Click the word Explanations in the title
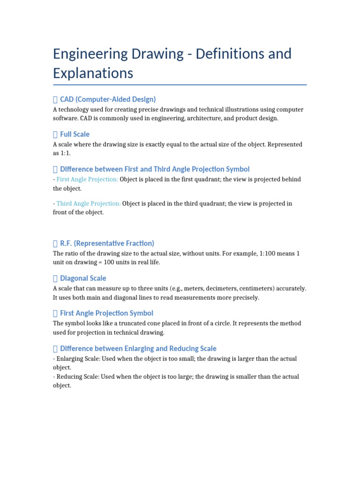[93, 73]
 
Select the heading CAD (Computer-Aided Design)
[108, 99]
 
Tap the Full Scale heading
[75, 134]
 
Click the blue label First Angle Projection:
[87, 180]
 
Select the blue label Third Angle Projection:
[89, 203]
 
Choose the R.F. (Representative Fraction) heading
[107, 243]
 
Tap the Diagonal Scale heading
[83, 278]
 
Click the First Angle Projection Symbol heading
[106, 313]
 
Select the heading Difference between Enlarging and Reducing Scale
[138, 348]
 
